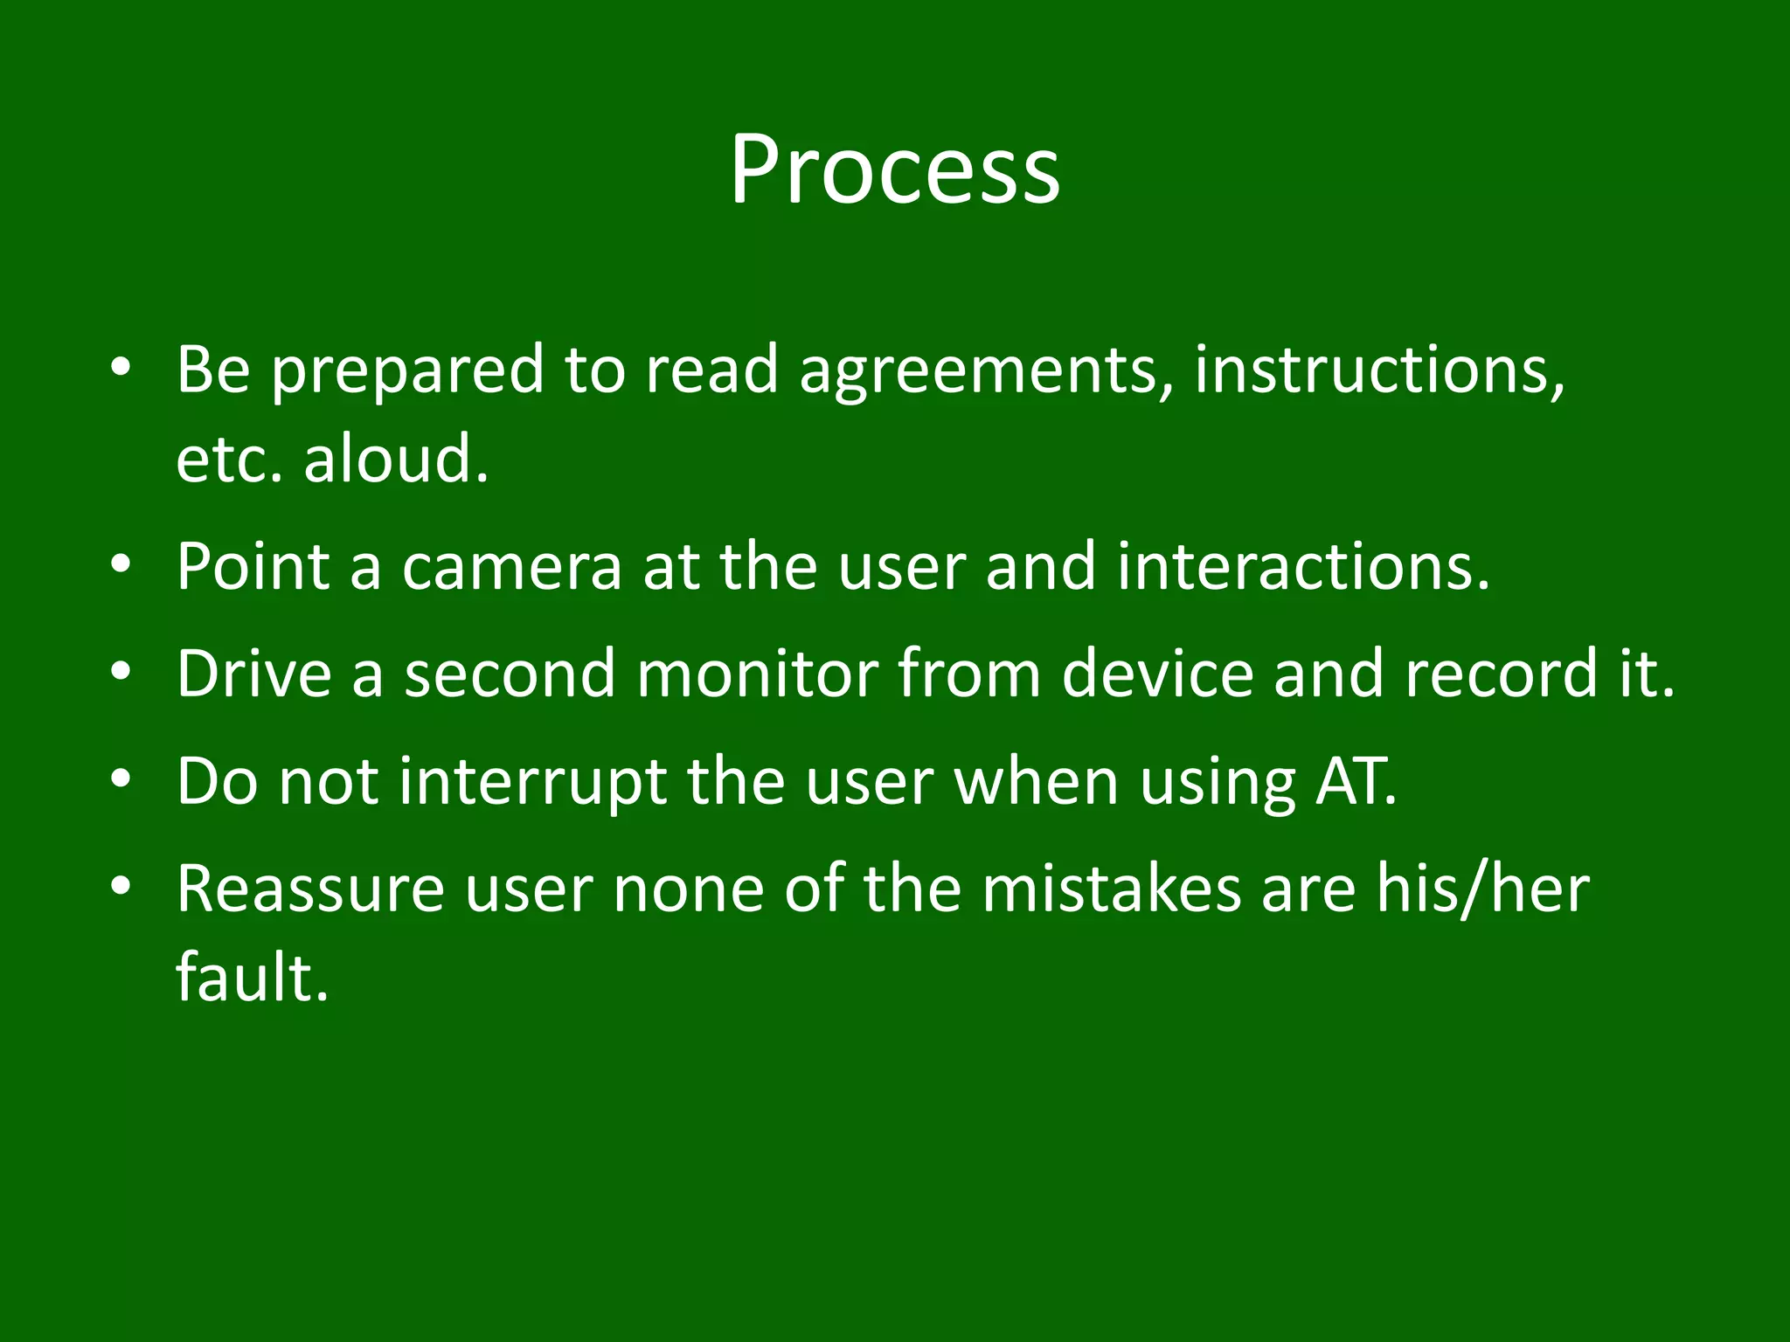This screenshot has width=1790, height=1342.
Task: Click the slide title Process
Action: [x=895, y=170]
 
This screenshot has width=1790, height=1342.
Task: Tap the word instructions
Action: [x=1378, y=370]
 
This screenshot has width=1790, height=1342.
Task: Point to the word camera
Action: [x=511, y=567]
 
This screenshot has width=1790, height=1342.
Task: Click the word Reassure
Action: [x=309, y=889]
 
